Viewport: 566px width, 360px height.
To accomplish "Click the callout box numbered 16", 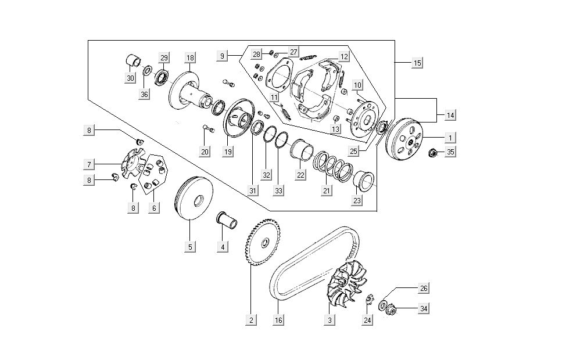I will tap(278, 320).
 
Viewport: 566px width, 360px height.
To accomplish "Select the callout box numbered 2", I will tap(251, 320).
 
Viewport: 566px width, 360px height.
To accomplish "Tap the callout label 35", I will tap(451, 153).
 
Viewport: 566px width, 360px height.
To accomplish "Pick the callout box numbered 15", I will tap(417, 63).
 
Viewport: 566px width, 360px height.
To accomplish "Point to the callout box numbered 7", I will tap(89, 163).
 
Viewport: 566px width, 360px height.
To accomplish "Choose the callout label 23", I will tap(357, 200).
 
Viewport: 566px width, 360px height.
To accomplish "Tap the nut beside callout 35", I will tap(432, 153).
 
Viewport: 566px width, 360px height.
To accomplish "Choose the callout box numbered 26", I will tap(424, 289).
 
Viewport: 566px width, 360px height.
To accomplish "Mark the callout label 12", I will tap(344, 57).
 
